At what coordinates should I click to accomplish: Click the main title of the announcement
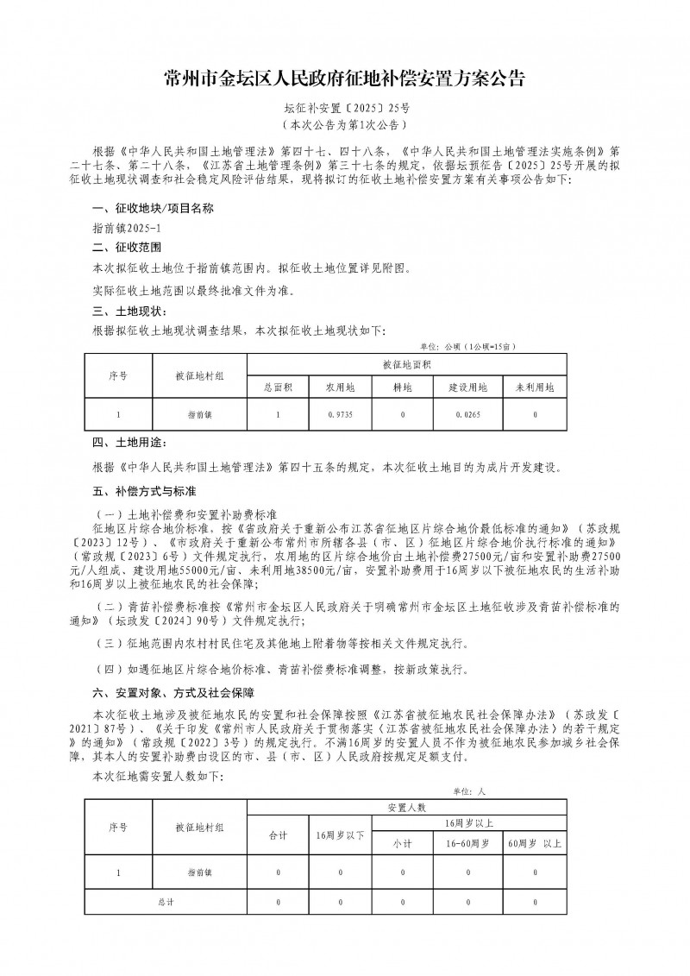click(x=344, y=80)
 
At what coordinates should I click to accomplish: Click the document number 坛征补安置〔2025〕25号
click(x=344, y=109)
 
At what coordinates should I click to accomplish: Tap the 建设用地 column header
click(x=467, y=387)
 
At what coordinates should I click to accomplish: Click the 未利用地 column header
click(x=536, y=387)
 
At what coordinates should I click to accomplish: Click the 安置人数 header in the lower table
click(x=407, y=808)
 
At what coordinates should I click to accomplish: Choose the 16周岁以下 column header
click(x=341, y=835)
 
